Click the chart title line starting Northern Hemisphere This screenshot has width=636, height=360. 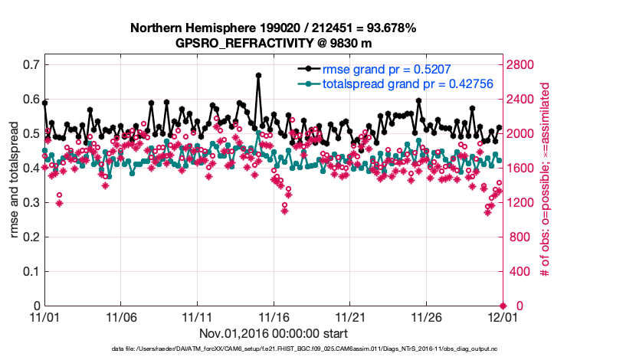273,28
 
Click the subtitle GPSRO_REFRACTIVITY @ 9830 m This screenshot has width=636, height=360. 273,43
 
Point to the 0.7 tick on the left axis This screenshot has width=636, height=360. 31,64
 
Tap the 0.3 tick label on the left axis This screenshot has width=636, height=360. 31,202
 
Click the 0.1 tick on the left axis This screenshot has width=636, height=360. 31,271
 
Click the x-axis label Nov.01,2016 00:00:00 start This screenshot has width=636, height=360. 273,333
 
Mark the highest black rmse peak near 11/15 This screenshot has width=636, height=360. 259,75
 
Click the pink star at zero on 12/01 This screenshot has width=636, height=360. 503,306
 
